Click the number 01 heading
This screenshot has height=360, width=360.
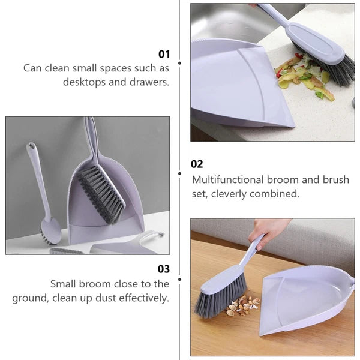[x=163, y=53]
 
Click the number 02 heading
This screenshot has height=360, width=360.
[x=197, y=164]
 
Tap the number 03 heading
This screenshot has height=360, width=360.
[x=163, y=269]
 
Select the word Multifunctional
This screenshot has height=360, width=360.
[x=229, y=179]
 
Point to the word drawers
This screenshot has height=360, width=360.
[x=149, y=82]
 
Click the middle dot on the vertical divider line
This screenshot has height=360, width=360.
[x=180, y=173]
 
